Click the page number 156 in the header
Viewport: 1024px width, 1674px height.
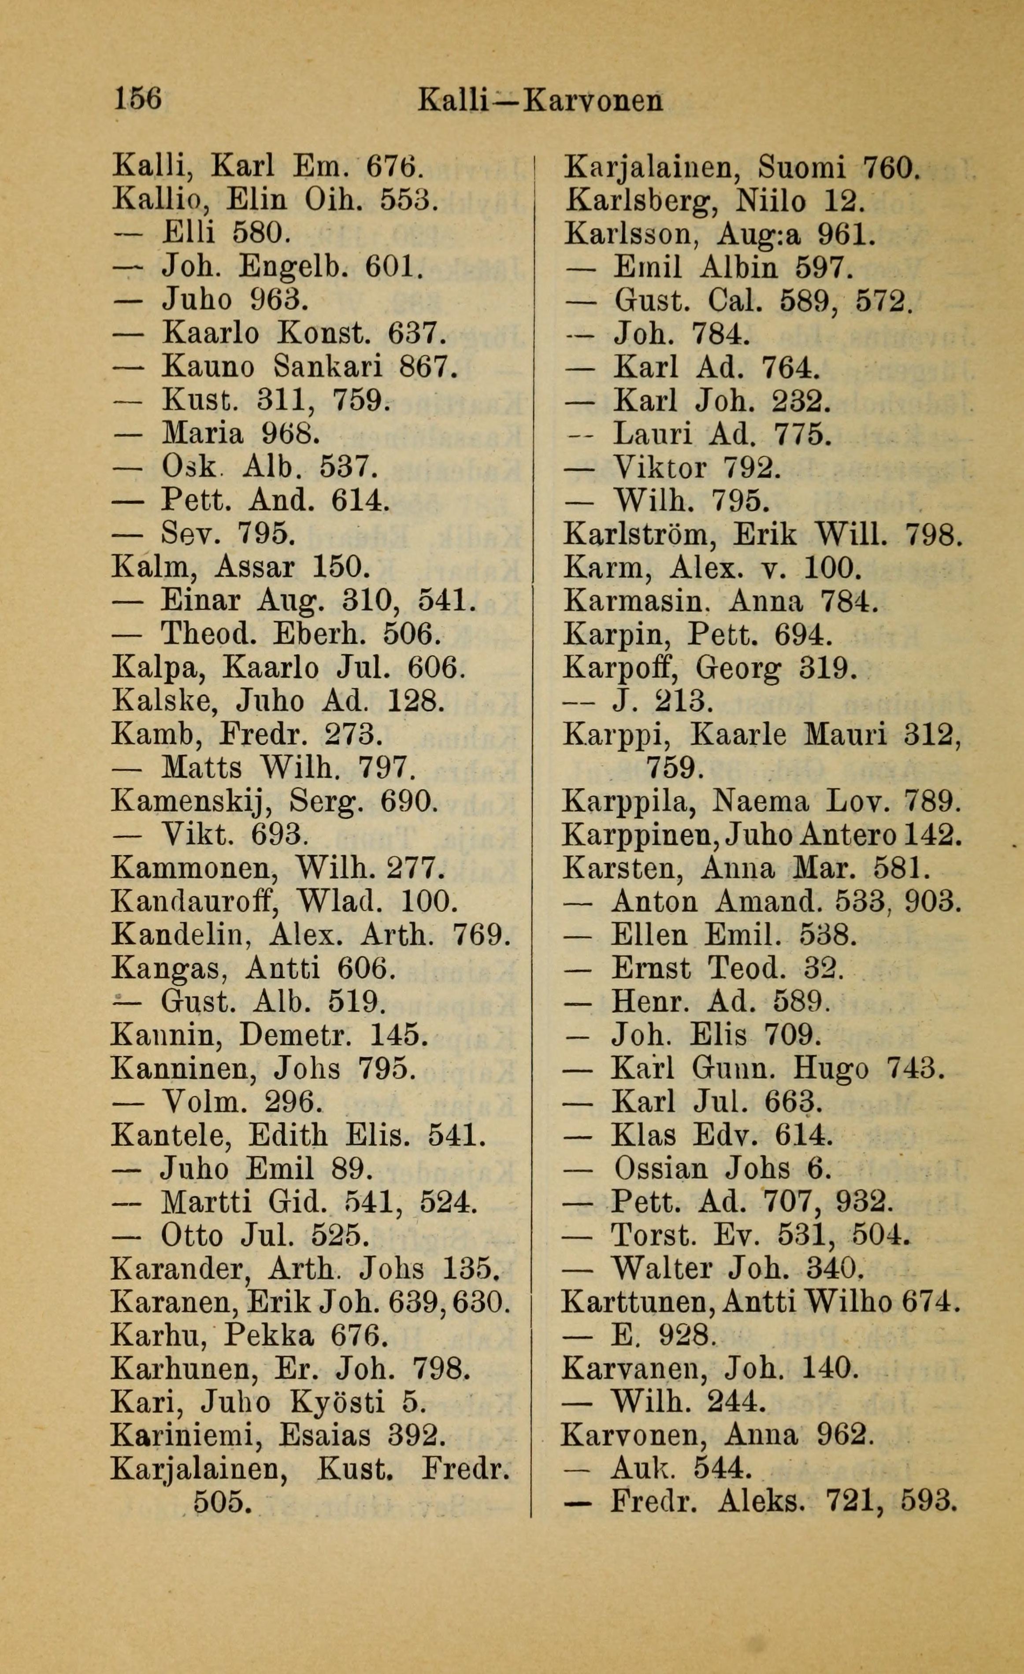tap(139, 100)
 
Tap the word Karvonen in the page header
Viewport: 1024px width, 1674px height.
tap(594, 101)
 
